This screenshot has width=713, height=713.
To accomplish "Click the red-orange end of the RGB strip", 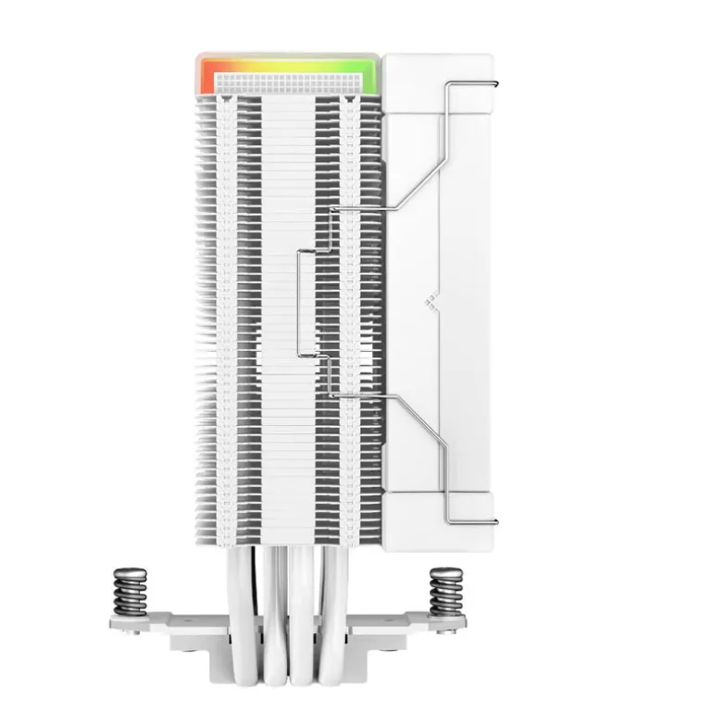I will pos(205,74).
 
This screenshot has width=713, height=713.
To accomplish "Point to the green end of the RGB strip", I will pos(368,74).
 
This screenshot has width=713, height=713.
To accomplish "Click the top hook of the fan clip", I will pos(472,87).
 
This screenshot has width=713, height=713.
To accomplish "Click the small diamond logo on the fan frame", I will pos(430,299).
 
